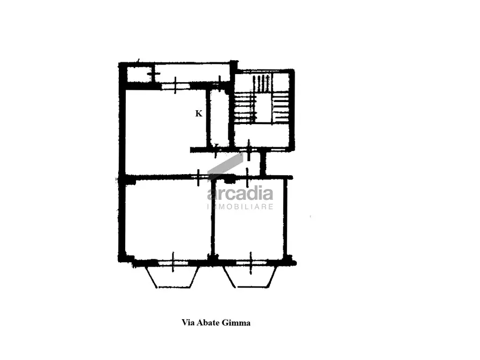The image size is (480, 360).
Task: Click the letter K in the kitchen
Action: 199,113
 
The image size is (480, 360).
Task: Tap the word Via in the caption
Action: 188,322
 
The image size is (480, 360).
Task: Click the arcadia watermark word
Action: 240,194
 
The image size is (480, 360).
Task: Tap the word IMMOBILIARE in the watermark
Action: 240,207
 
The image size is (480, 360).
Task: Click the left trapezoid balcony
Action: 173,277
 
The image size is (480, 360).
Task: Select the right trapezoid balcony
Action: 250,277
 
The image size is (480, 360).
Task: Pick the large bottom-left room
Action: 168,218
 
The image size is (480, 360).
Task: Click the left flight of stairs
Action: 246,108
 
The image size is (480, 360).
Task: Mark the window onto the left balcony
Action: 173,263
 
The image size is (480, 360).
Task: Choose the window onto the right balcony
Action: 252,263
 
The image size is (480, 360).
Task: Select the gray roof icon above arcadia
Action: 225,167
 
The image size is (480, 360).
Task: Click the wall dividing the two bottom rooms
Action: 213,218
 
